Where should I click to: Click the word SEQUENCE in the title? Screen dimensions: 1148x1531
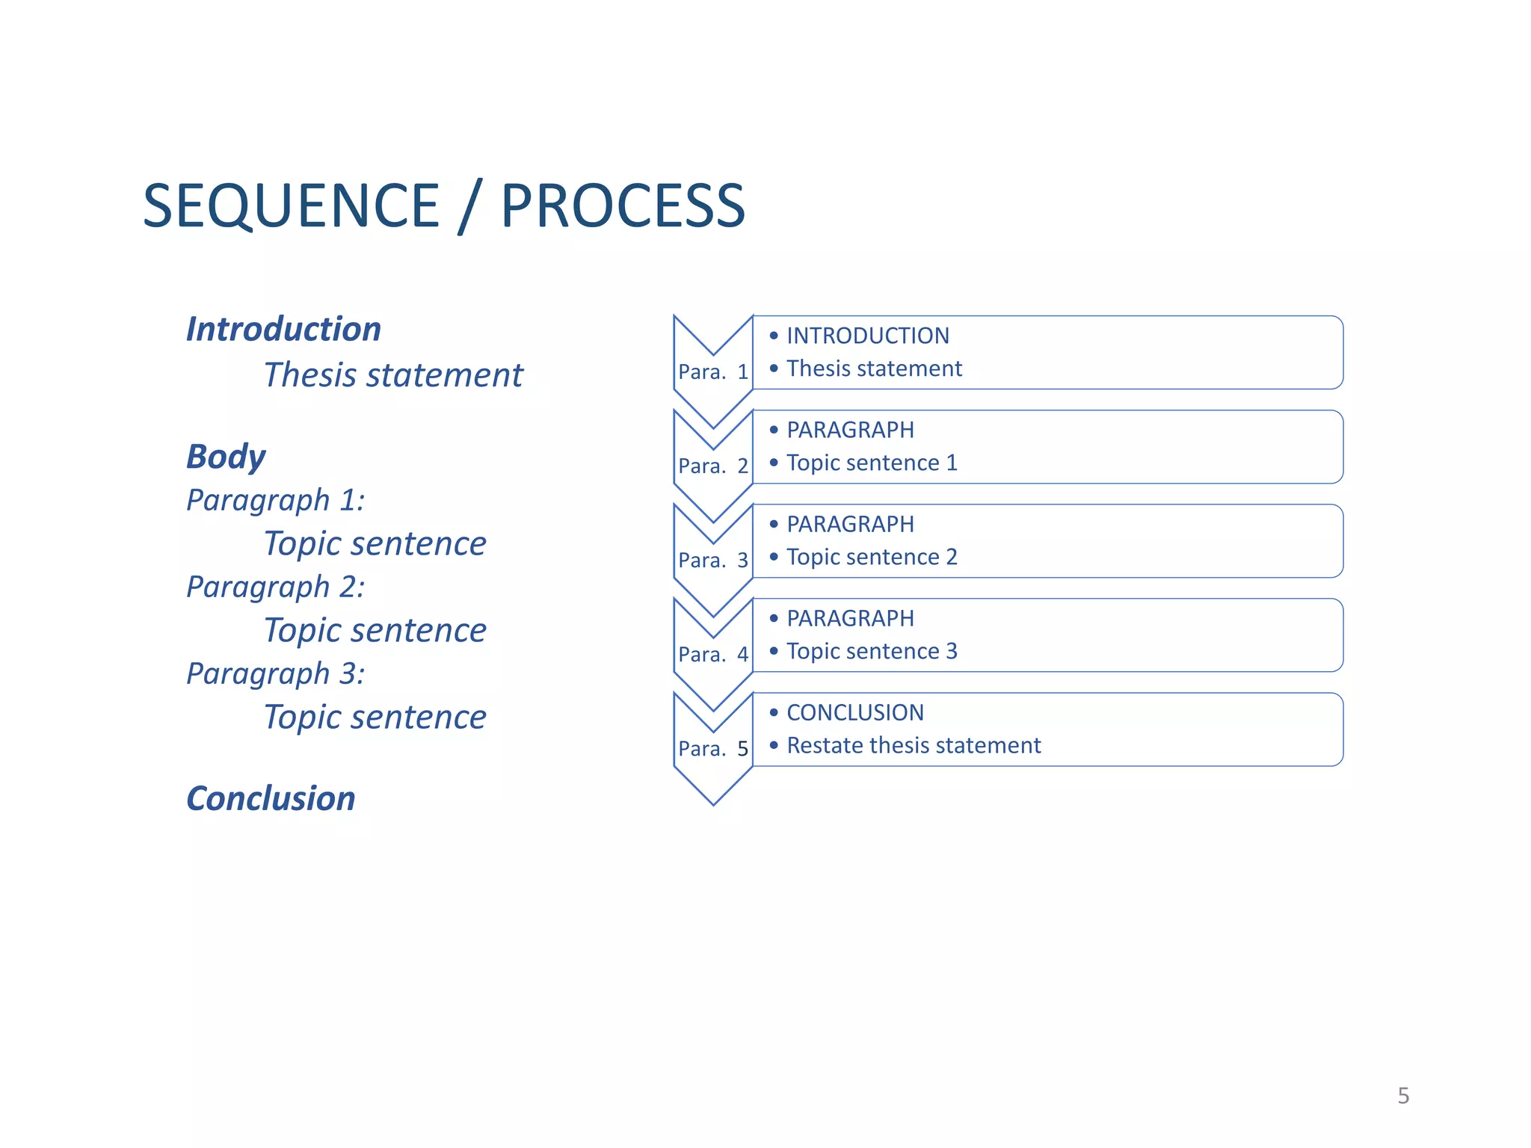tap(291, 206)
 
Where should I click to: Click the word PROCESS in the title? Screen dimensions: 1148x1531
tap(622, 206)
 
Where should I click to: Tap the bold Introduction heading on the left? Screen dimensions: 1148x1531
tap(283, 329)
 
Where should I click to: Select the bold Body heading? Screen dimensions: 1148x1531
tap(226, 456)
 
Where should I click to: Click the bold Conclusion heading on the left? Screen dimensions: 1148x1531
tap(271, 798)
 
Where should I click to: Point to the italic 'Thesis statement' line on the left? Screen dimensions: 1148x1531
tap(393, 374)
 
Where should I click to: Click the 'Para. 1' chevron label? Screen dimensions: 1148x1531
tap(713, 371)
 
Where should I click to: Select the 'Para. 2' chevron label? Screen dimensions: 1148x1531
tap(713, 466)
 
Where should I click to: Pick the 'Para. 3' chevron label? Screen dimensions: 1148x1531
tap(713, 560)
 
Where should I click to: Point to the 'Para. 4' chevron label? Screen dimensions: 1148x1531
tap(713, 654)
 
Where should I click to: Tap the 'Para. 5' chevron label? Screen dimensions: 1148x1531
tap(713, 748)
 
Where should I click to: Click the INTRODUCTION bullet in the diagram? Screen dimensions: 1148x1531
tap(867, 336)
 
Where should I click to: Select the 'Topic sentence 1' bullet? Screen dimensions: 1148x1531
tap(872, 463)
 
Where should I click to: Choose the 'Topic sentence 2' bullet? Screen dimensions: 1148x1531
tap(872, 557)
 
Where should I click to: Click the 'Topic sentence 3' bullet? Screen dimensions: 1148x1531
tap(872, 651)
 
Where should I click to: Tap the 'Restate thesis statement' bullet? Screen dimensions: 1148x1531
tap(914, 745)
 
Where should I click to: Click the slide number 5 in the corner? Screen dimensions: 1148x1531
tap(1403, 1096)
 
